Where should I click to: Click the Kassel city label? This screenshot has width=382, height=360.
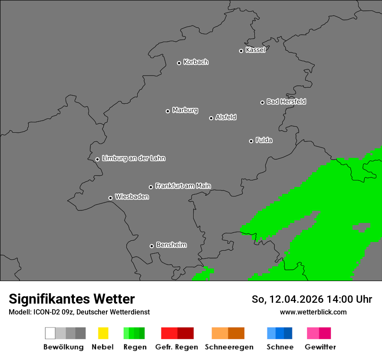[x=255, y=50]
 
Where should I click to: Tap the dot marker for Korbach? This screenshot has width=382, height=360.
[x=179, y=63]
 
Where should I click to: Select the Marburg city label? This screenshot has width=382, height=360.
[x=185, y=110]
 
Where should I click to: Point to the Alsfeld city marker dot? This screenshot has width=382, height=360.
[x=211, y=118]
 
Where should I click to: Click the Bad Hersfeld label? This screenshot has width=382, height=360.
[x=286, y=101]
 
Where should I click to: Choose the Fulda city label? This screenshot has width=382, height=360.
[x=264, y=140]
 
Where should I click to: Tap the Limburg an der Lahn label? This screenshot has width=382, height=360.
[x=133, y=158]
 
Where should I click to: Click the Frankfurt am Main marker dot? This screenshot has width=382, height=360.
[x=151, y=187]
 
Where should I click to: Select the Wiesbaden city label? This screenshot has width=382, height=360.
[x=132, y=197]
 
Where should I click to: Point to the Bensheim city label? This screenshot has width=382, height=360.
[x=171, y=245]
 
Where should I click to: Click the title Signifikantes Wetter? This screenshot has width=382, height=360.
[x=72, y=299]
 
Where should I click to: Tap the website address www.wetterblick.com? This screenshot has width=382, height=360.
[x=313, y=312]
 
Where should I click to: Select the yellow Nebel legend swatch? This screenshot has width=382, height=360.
[x=103, y=333]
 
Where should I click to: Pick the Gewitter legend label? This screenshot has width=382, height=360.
[x=320, y=347]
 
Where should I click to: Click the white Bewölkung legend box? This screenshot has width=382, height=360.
[x=50, y=333]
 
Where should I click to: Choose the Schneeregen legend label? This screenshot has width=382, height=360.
[x=229, y=347]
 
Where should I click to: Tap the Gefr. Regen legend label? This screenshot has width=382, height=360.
[x=177, y=347]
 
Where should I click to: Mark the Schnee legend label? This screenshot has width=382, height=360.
[x=280, y=347]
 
